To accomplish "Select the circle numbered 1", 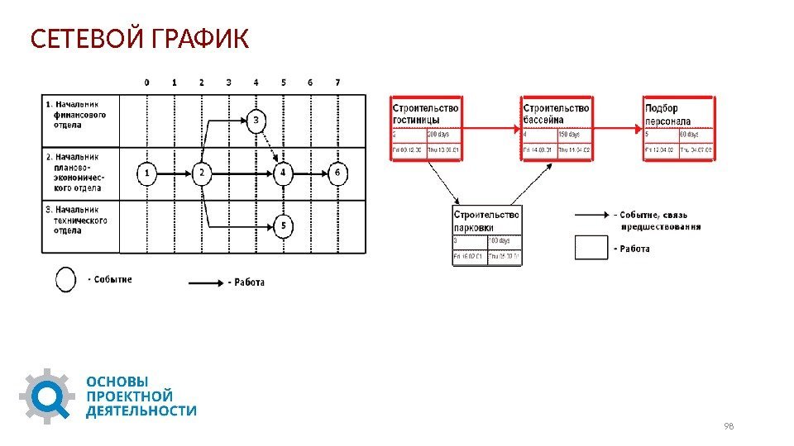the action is coord(146,173).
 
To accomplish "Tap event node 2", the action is coord(202,173).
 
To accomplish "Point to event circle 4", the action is coord(284,173).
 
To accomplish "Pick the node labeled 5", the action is coord(284,225).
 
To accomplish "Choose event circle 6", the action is coord(337,173).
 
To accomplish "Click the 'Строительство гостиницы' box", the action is coord(426,128).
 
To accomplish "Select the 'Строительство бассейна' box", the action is coord(556,128).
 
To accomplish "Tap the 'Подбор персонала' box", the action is coord(679,128).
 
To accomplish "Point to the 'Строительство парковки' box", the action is coord(486,235).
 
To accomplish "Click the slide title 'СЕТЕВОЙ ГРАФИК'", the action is coord(139,38).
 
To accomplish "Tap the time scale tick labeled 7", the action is coord(337,83).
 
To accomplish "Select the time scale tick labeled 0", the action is coord(146,83).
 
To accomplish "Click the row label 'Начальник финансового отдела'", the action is coord(78,115).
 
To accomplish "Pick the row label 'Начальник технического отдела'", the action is coord(78,220).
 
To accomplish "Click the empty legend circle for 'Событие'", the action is coord(66,280).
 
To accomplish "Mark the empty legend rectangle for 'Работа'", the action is coord(591,248).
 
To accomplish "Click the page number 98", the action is coord(729,426).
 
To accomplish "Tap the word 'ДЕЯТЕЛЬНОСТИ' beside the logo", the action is coord(141,410).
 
